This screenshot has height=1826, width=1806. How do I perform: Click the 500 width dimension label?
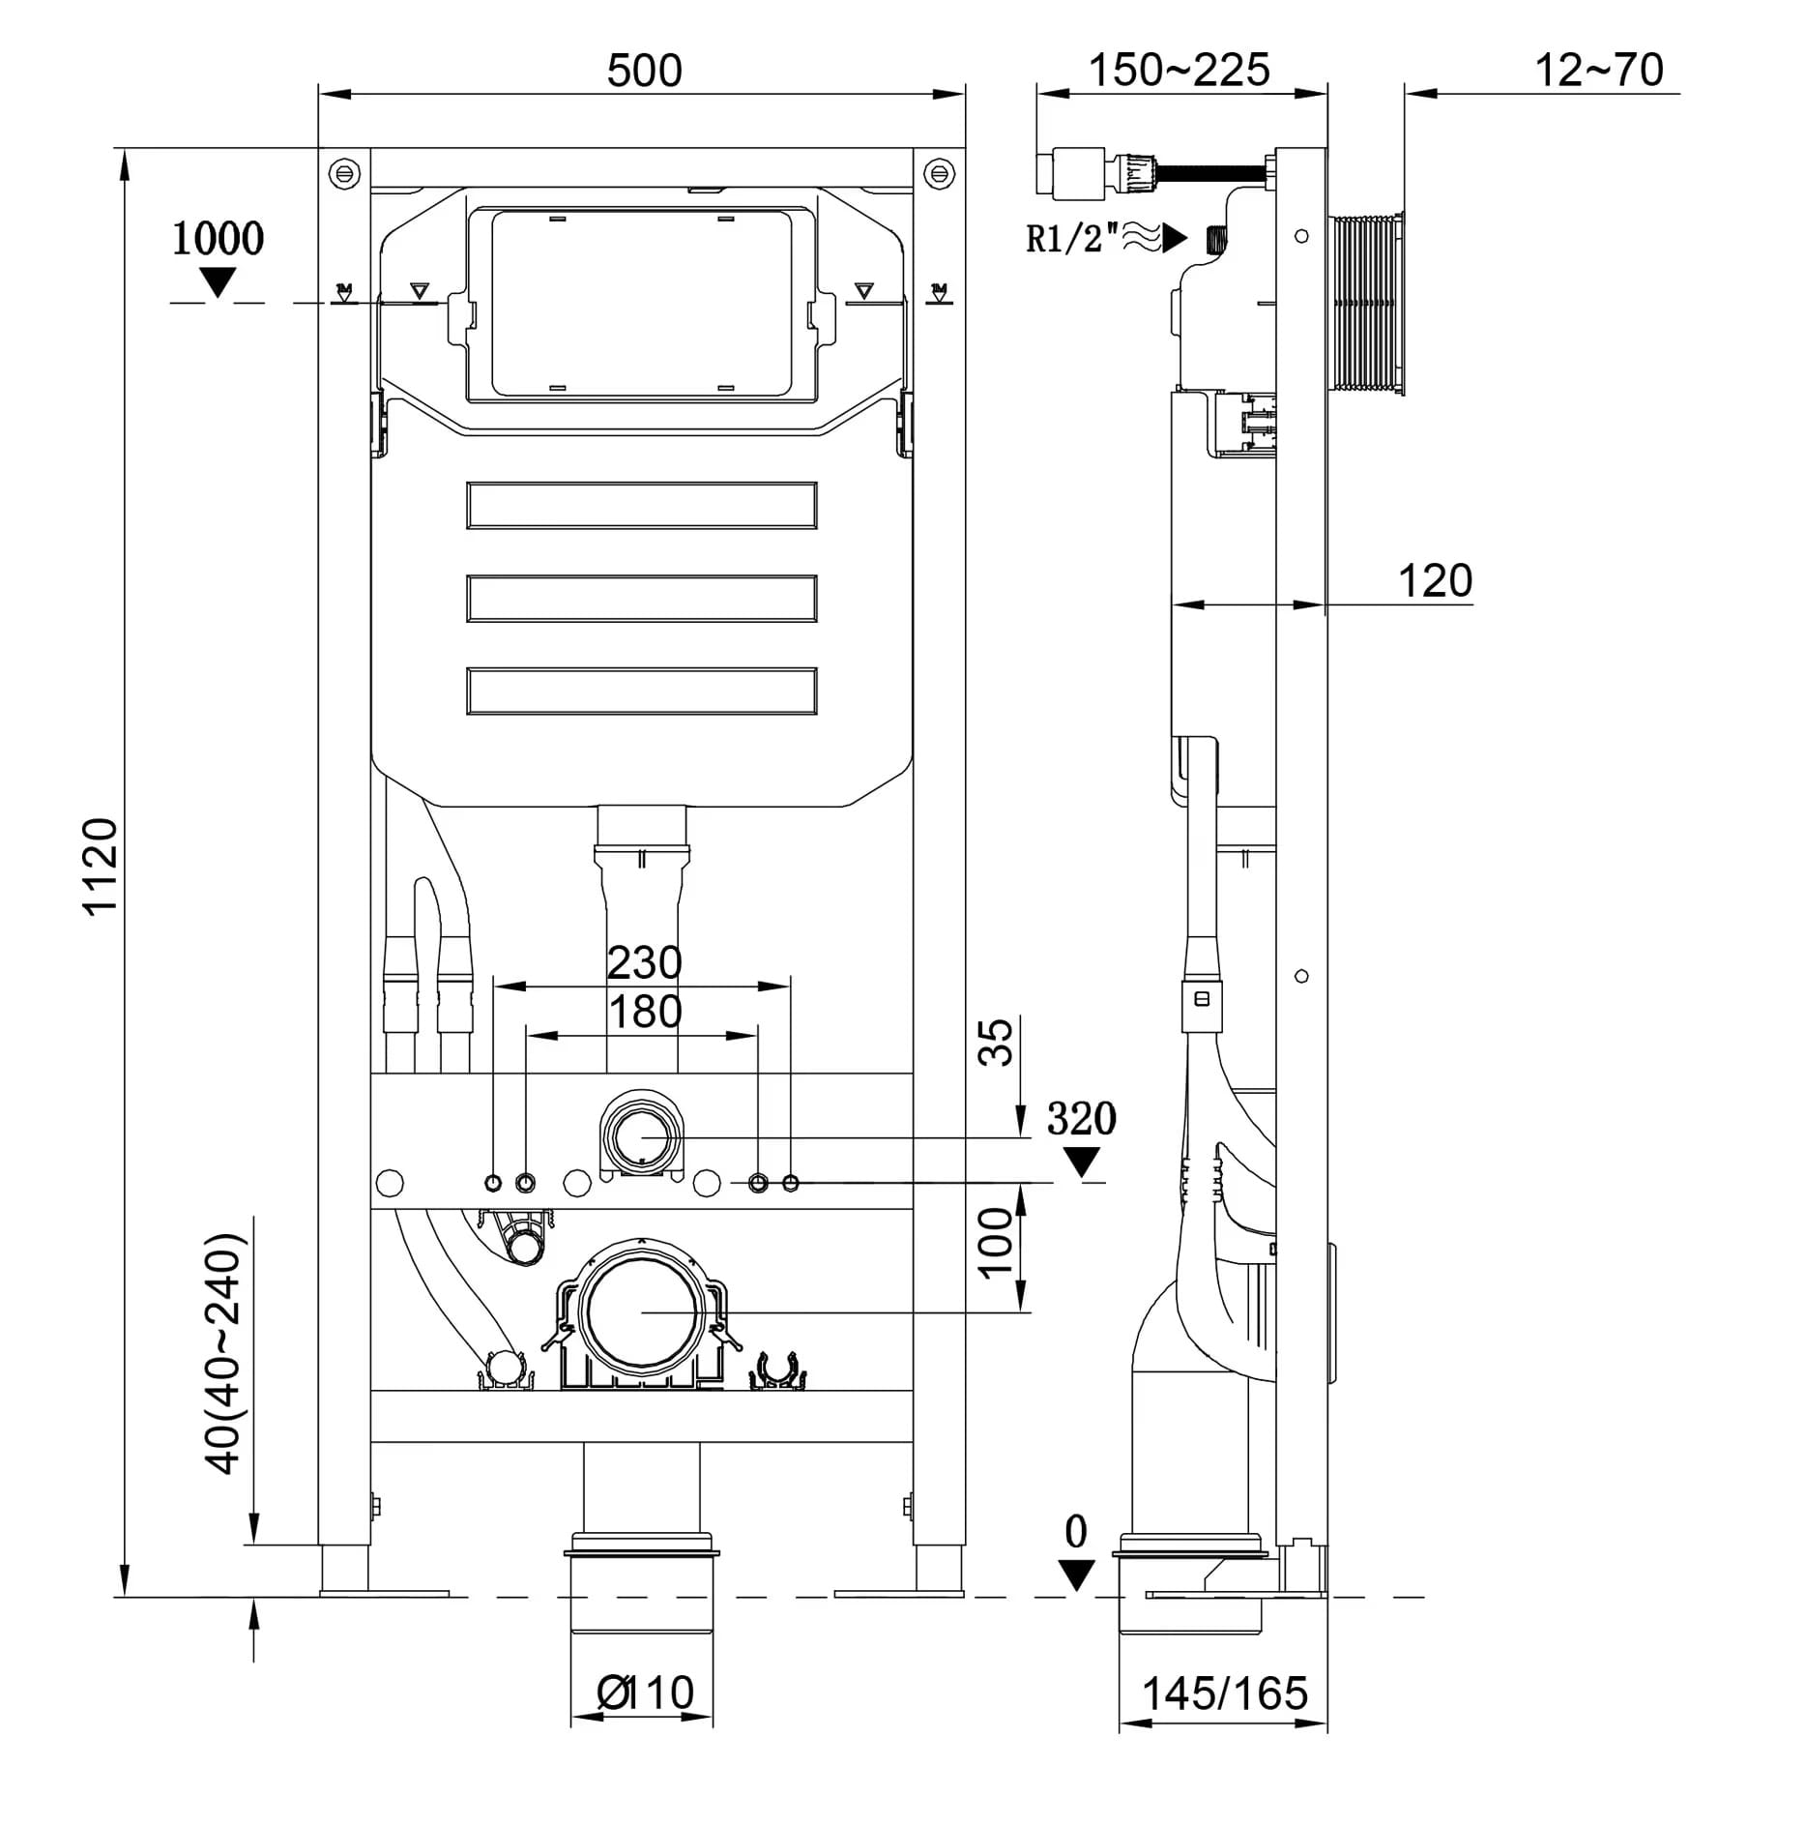click(x=644, y=71)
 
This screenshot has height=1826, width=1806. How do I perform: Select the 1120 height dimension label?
click(x=100, y=866)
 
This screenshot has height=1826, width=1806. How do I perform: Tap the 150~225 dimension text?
click(x=1179, y=71)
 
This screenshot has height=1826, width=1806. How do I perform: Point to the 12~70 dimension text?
click(x=1599, y=71)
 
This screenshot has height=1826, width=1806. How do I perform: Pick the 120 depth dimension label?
click(x=1435, y=581)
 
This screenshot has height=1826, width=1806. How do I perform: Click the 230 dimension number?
click(x=644, y=963)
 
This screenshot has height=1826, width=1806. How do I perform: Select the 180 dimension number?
click(x=645, y=1013)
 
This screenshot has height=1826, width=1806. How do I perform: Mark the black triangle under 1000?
click(x=218, y=282)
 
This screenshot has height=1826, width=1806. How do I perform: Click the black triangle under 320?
click(x=1081, y=1162)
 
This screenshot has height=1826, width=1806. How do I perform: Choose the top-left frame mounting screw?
click(x=343, y=174)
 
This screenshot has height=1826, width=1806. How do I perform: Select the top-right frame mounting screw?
click(x=939, y=174)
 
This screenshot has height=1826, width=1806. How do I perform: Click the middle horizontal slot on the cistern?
click(x=642, y=599)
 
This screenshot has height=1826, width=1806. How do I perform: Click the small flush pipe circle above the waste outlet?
click(x=641, y=1138)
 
